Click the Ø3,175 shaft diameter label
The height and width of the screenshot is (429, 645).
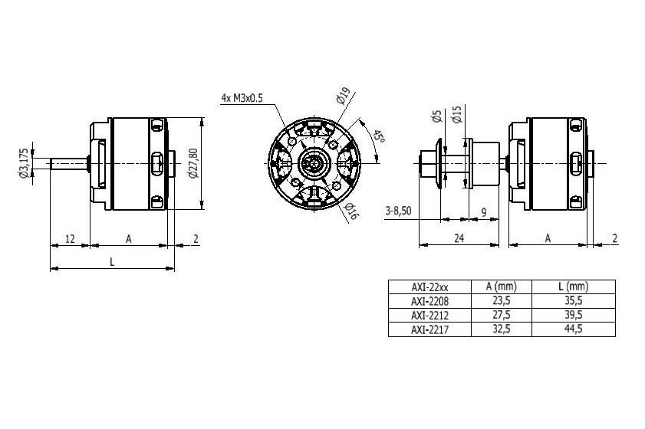25,163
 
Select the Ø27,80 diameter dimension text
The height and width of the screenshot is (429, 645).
193,163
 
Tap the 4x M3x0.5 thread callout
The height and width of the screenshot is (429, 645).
242,98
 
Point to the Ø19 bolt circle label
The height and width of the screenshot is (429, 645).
343,96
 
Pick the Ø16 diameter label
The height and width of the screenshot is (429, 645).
350,211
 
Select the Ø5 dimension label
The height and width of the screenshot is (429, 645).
437,116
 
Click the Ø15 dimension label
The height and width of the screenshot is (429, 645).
456,114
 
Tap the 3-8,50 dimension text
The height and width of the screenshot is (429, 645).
398,211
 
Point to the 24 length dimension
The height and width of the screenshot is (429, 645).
459,238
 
